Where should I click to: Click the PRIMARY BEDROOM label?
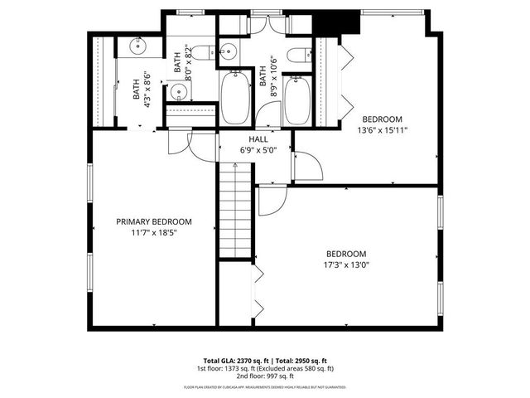[154, 221]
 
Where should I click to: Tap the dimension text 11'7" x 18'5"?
[154, 233]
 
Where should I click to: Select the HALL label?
[257, 140]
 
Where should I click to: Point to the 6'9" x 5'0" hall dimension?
[257, 152]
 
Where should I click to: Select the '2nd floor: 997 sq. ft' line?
[264, 376]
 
